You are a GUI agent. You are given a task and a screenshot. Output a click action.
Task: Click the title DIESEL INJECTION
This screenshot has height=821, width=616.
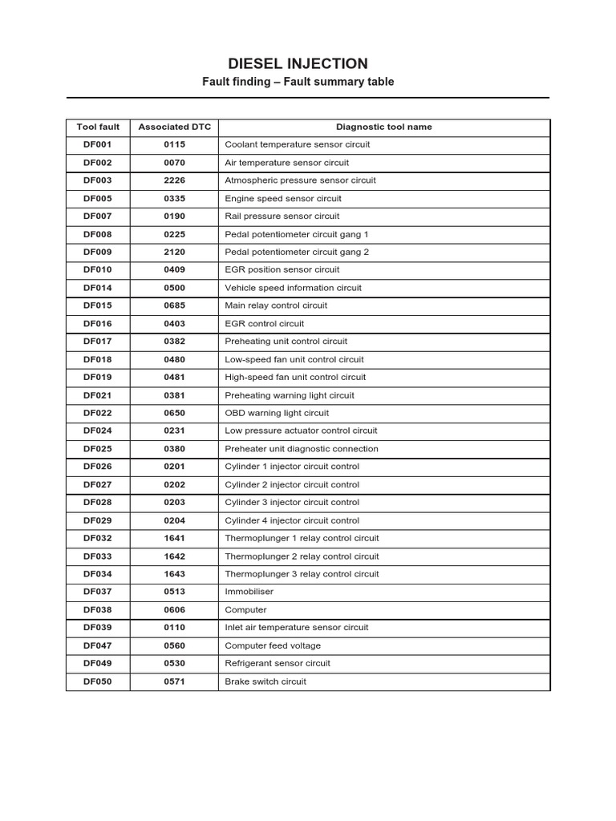tap(298, 64)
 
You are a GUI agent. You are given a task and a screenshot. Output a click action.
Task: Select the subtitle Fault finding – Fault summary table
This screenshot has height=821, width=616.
tap(298, 82)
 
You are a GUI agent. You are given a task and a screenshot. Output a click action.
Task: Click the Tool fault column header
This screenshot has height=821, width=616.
tap(98, 127)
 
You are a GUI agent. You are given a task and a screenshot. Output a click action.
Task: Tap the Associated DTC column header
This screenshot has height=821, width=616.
tap(174, 127)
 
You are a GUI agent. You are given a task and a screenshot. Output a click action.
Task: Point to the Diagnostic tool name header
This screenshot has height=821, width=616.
tap(383, 127)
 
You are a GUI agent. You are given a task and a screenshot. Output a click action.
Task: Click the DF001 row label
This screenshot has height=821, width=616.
tap(98, 144)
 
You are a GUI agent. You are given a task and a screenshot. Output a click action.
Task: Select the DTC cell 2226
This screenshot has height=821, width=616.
tap(174, 180)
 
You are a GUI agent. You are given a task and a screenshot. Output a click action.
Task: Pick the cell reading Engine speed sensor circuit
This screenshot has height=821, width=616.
tap(283, 198)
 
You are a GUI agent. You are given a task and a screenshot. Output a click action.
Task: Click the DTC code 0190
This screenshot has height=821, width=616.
tap(174, 216)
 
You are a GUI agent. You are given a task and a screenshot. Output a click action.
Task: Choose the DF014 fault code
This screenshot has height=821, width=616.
tap(98, 288)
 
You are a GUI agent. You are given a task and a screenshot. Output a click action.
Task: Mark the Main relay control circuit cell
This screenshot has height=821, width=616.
tap(276, 305)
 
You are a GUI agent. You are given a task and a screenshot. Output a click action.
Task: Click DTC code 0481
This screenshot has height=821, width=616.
tap(174, 377)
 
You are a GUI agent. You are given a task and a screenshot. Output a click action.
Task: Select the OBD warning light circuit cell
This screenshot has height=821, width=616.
tap(277, 413)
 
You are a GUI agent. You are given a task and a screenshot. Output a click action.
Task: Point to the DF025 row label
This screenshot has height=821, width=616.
tap(98, 449)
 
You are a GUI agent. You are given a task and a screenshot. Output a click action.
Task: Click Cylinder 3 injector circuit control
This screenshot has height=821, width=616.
tap(292, 502)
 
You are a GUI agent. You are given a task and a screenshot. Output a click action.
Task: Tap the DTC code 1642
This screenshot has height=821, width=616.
tap(174, 556)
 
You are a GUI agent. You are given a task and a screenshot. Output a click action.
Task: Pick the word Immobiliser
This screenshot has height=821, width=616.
tap(249, 592)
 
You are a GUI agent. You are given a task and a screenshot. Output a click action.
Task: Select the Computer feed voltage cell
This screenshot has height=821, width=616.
tap(273, 645)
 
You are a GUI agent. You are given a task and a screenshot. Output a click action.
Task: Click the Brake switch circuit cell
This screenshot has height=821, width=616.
tap(265, 681)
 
